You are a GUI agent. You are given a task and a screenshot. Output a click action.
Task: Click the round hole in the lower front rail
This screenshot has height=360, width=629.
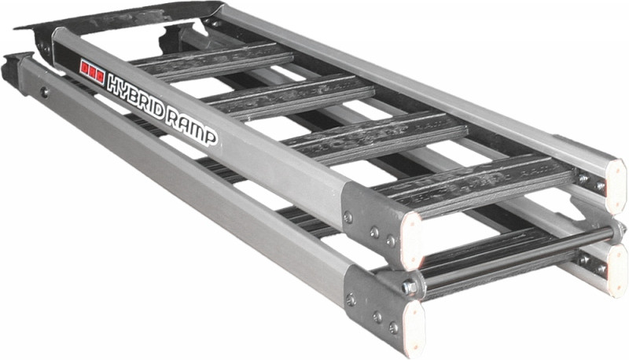tap(46, 92)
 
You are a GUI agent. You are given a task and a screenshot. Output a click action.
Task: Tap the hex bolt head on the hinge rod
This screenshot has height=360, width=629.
tap(408, 288)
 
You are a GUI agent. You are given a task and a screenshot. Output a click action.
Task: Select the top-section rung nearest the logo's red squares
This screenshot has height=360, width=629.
tap(212, 61)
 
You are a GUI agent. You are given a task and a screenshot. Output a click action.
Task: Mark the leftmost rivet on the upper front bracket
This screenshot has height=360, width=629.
tap(348, 217)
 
